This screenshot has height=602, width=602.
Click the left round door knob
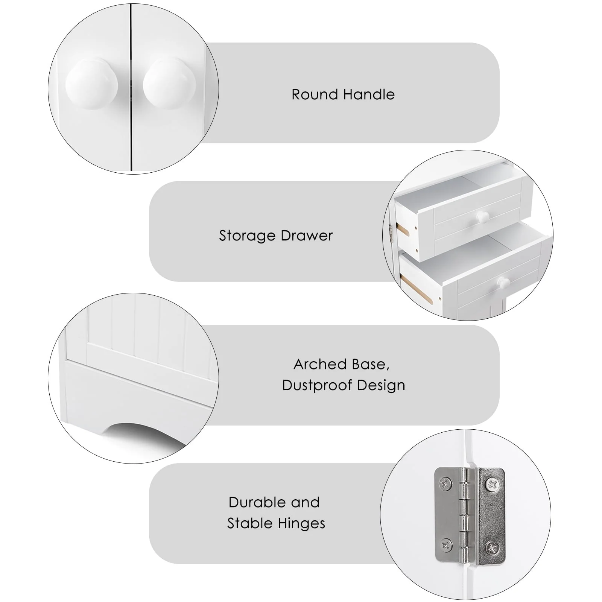pos(91,84)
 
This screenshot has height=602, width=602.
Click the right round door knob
pos(169,84)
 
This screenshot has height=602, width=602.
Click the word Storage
pos(247,236)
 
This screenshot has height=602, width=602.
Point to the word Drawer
pos(307,236)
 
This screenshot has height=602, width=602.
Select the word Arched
pos(320,364)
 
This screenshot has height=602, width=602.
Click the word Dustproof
pos(317,385)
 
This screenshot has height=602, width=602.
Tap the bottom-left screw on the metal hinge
pos(446,544)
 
